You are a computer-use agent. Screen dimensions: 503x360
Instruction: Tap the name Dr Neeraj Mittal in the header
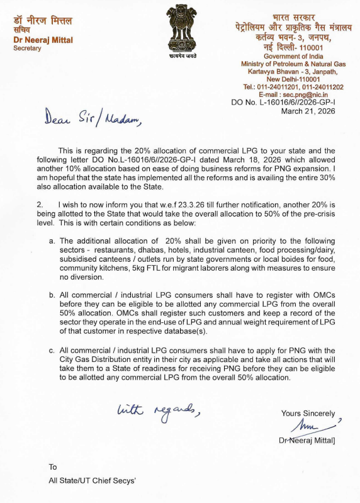(43, 40)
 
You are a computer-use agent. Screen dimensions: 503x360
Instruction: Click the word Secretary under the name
(27, 49)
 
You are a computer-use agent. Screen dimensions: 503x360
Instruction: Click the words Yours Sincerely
(308, 414)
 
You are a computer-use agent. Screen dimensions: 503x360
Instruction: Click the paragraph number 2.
(39, 205)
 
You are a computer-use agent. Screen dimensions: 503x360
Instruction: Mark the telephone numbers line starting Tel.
(293, 86)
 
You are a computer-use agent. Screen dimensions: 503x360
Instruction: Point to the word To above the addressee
(53, 467)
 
